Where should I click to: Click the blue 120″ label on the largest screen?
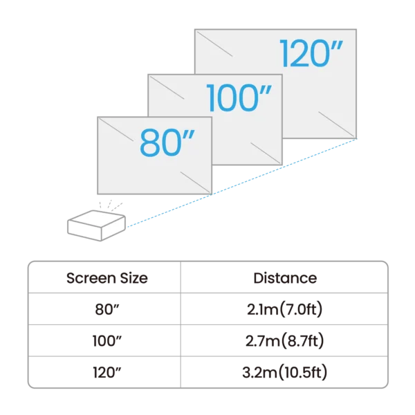(x=311, y=53)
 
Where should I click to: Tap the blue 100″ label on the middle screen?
(x=239, y=98)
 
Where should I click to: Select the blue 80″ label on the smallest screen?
(x=167, y=142)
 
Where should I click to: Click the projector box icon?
(x=97, y=225)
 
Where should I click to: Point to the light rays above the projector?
(x=111, y=205)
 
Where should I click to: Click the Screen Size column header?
(x=107, y=278)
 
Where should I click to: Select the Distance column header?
(x=285, y=278)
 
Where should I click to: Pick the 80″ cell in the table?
(x=107, y=309)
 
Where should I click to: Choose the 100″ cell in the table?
(x=107, y=340)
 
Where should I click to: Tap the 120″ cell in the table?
(x=107, y=372)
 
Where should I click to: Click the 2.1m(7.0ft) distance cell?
(x=285, y=309)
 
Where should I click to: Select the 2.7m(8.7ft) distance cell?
(x=285, y=340)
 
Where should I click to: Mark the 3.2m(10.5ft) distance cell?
(x=285, y=372)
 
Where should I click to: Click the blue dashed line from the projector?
(x=241, y=183)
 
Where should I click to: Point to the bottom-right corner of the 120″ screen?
(x=356, y=138)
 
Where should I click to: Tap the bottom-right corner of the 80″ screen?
(x=212, y=194)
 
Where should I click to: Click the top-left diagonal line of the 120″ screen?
(x=214, y=44)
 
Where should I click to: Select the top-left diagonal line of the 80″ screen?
(x=116, y=130)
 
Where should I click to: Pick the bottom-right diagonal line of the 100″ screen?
(x=265, y=153)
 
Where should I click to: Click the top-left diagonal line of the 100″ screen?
(x=167, y=88)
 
